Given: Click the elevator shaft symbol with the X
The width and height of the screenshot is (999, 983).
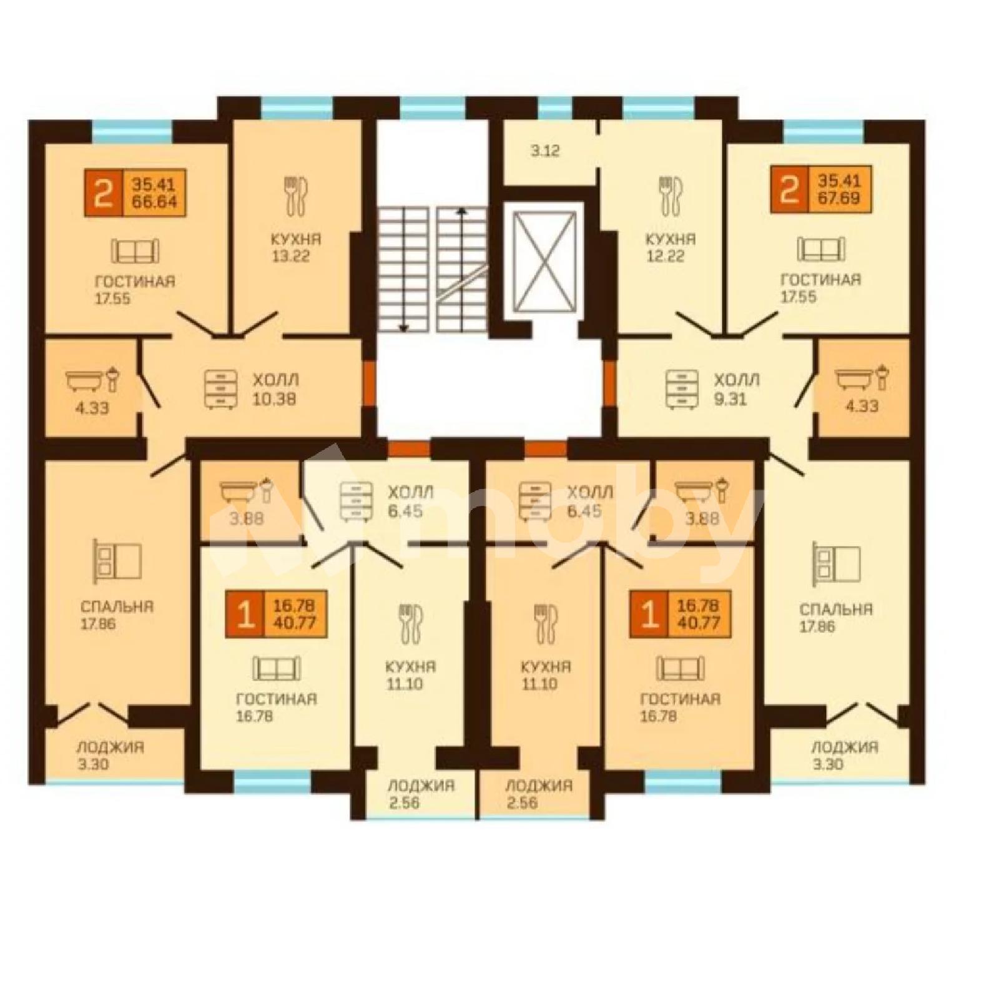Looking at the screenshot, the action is pos(544,260).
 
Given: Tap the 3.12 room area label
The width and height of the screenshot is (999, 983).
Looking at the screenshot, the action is pos(545,151).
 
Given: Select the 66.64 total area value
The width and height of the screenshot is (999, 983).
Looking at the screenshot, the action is pos(154,202).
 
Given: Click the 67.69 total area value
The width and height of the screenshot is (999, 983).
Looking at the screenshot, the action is pos(839,199).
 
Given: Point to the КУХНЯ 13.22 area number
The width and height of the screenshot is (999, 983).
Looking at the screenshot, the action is pos(291,256).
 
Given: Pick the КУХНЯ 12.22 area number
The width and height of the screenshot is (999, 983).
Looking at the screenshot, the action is pos(665,255).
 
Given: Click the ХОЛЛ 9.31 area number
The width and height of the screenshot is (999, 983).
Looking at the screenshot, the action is pos(730,398).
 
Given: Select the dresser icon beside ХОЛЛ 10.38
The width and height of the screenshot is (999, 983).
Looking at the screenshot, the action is pos(220,390).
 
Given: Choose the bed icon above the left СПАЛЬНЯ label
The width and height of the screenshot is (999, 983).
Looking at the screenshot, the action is pos(117,560).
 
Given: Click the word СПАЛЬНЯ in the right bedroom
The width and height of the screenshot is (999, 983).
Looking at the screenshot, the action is pos(835,609).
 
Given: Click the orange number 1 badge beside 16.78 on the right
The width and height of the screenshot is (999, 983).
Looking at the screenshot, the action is pos(649,615).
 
